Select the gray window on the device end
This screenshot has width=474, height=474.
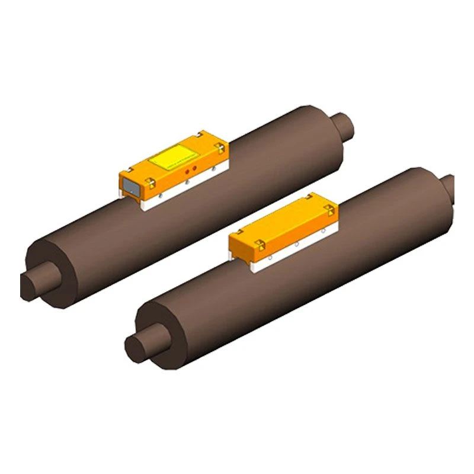(x=131, y=187)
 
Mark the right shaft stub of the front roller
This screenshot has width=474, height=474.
(x=449, y=186)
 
